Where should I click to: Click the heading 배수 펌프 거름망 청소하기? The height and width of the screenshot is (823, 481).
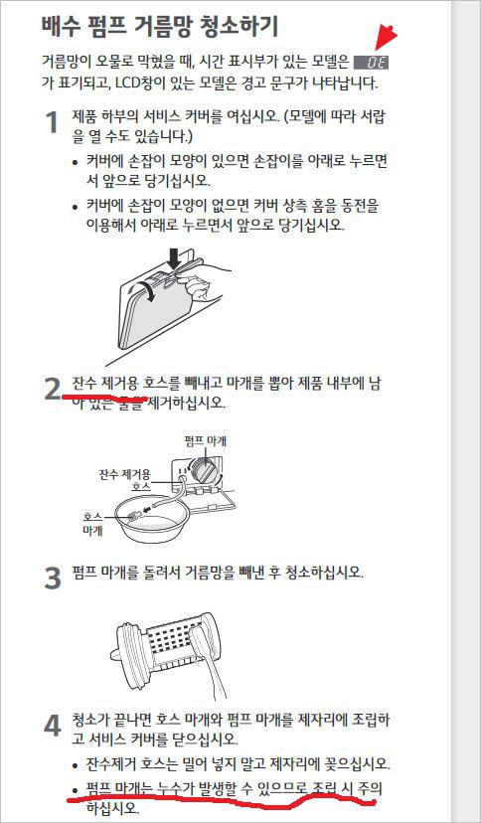coord(160,27)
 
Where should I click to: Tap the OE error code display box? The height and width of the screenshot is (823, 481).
coord(372,63)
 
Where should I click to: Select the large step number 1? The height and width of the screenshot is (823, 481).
coord(52,123)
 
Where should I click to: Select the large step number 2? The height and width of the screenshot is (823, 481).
coord(53,389)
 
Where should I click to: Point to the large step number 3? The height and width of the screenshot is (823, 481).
coord(53,578)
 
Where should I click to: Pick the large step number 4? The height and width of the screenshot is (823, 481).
coord(53,726)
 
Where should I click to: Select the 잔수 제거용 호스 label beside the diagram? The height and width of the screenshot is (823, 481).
coord(125,480)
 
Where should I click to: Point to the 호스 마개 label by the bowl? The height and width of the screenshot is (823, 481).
coord(92,523)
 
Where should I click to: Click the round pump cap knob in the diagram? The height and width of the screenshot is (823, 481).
coord(205,468)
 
